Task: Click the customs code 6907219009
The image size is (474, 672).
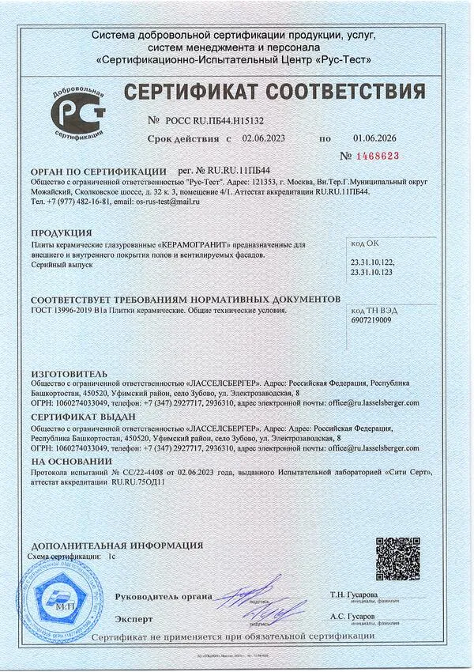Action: [x=371, y=321]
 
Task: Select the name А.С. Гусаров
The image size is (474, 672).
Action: [x=352, y=615]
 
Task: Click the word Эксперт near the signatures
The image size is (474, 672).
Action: [x=134, y=617]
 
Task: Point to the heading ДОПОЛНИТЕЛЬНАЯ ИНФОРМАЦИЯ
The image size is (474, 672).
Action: [x=117, y=546]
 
